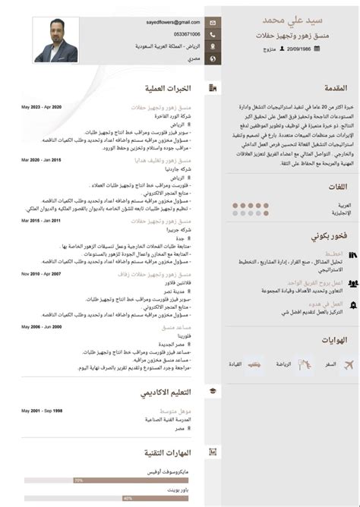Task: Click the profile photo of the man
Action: click(x=56, y=40)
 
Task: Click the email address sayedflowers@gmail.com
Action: click(x=173, y=23)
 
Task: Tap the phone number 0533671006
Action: click(x=186, y=34)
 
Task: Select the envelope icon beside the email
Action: click(x=213, y=23)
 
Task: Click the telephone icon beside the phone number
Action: click(x=213, y=35)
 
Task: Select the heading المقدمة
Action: click(x=330, y=87)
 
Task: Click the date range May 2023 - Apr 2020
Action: click(x=41, y=107)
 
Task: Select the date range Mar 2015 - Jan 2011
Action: click(x=41, y=221)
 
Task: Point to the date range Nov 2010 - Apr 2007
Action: click(x=41, y=273)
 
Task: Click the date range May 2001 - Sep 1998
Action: click(x=41, y=411)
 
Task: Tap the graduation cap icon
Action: click(x=213, y=390)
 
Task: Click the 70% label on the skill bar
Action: click(x=78, y=480)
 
